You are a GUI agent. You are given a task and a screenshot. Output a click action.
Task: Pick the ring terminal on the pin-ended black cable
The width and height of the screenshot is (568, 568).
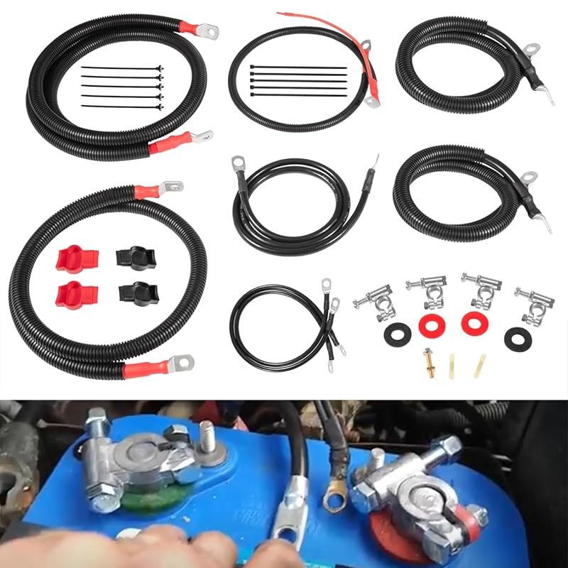237,166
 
